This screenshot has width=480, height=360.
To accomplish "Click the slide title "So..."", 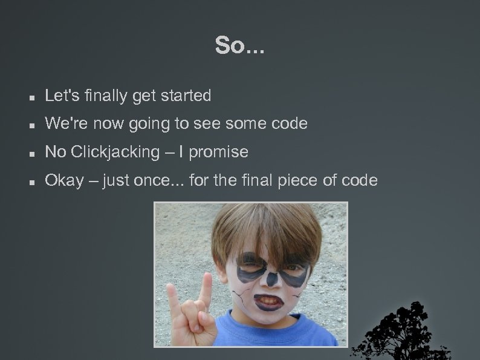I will [239, 46].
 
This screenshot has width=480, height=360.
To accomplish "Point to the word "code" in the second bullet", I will [290, 124].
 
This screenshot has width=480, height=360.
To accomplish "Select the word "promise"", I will [218, 152].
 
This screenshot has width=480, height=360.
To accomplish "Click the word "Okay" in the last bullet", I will [64, 180].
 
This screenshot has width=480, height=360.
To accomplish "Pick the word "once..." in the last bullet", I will [164, 180].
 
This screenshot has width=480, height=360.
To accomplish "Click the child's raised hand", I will [187, 309].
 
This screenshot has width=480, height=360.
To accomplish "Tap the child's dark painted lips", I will [267, 301].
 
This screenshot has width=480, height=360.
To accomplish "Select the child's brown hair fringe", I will [266, 233].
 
